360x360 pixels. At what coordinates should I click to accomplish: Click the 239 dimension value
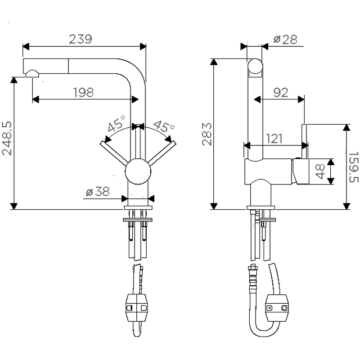tap(81, 40)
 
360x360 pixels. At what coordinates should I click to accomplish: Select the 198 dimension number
tap(83, 93)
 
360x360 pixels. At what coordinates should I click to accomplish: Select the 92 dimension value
tap(280, 93)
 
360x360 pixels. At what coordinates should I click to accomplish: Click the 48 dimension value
tap(320, 171)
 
